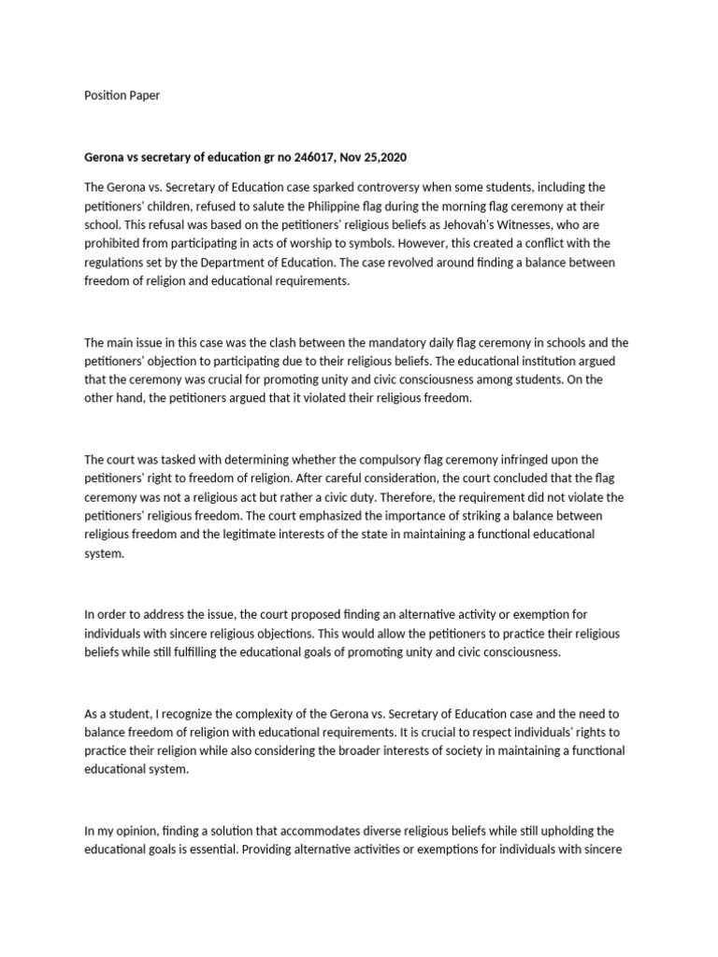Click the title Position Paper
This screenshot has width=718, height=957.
coord(122,95)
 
